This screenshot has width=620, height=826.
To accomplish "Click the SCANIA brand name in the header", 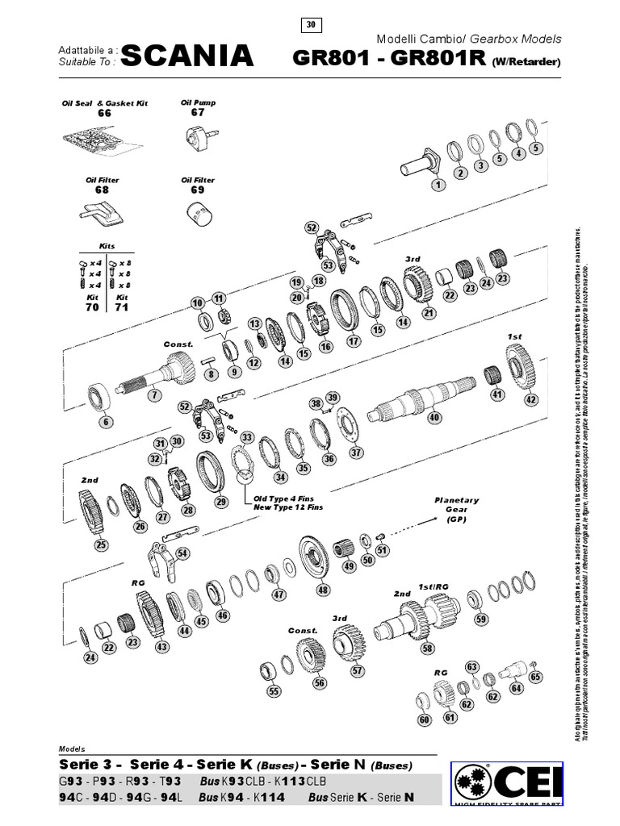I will pos(186,56).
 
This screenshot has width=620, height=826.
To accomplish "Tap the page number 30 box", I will pos(310,25).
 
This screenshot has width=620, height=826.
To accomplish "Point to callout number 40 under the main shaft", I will pos(434,418).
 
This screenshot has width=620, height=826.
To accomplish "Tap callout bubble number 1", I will pos(438,185).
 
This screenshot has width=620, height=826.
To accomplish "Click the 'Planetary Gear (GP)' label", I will pos(457,510).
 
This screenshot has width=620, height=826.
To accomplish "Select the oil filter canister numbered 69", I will pos(198,214).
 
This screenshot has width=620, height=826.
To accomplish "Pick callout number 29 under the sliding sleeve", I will pos(220,502).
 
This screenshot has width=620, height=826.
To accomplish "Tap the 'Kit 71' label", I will pos(122,302).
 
